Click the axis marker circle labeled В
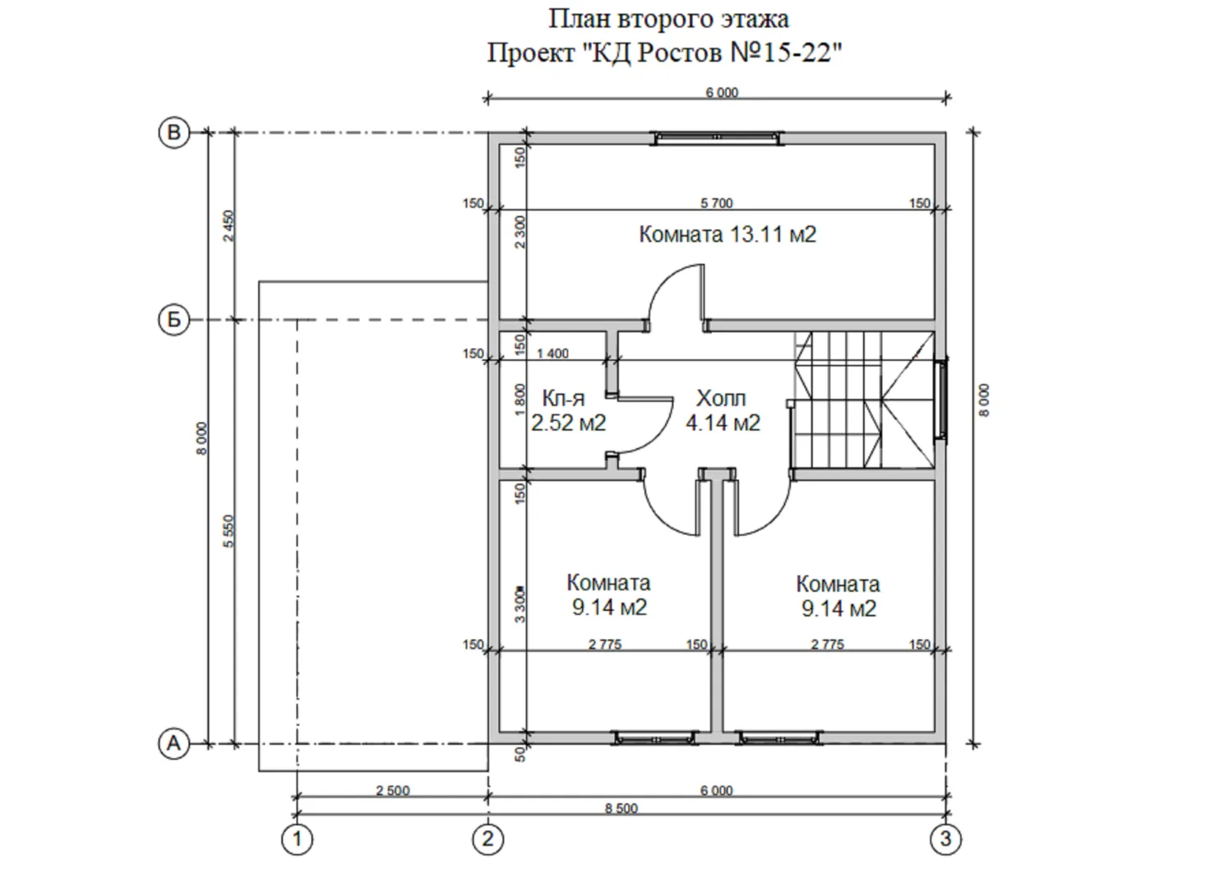click(x=174, y=133)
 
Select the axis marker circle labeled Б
click(x=174, y=319)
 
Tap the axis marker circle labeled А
click(x=174, y=744)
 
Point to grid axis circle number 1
click(x=298, y=839)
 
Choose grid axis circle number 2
click(x=487, y=839)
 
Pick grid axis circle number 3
click(x=946, y=839)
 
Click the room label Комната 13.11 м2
click(x=728, y=234)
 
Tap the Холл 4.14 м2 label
click(x=723, y=410)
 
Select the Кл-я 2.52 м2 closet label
click(x=568, y=410)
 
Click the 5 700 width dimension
click(x=717, y=203)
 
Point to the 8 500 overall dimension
click(x=621, y=808)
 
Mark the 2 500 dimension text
click(x=393, y=791)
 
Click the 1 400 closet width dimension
click(x=552, y=354)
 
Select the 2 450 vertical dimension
click(x=229, y=225)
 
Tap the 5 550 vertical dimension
click(x=229, y=530)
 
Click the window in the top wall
click(x=717, y=138)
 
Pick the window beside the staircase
click(x=941, y=398)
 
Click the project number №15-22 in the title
click(x=786, y=53)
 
